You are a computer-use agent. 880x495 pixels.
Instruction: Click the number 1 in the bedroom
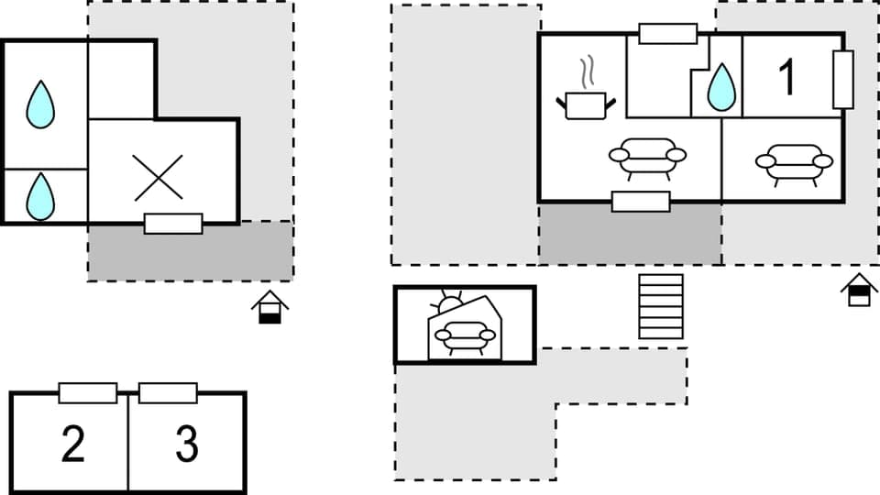tap(787, 77)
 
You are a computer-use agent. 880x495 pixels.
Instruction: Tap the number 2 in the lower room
tap(72, 445)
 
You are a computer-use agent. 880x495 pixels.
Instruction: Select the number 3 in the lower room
tap(186, 445)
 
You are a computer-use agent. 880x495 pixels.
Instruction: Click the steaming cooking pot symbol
tap(585, 96)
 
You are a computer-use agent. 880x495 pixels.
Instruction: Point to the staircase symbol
tap(661, 306)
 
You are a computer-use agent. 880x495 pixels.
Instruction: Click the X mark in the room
tap(158, 177)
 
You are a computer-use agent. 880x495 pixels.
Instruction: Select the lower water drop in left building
tap(40, 196)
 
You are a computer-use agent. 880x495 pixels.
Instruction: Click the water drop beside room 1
tap(721, 87)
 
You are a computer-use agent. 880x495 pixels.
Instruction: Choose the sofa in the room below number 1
tap(794, 162)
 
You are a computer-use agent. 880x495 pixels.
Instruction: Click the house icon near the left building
tap(269, 307)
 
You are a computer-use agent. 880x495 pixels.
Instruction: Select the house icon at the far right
tap(859, 290)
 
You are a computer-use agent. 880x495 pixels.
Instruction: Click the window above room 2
tap(88, 393)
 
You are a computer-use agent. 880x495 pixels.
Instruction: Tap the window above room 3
tap(168, 393)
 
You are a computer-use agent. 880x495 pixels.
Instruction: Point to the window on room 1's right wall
tap(843, 80)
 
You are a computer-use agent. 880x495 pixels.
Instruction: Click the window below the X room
tap(173, 224)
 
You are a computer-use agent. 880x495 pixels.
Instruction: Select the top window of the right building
tap(667, 34)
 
